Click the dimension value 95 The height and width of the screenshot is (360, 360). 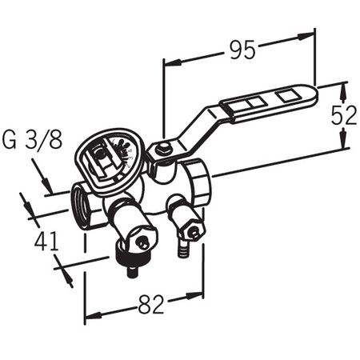pyautogui.click(x=242, y=50)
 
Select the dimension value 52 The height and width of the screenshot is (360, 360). pyautogui.click(x=344, y=115)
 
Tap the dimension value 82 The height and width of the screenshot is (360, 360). pyautogui.click(x=150, y=304)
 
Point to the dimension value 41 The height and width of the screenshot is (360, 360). pyautogui.click(x=46, y=241)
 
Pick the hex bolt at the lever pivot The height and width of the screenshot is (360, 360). pyautogui.click(x=164, y=148)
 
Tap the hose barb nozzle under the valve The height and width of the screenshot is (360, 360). pyautogui.click(x=182, y=247)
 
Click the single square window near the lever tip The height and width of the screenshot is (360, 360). pyautogui.click(x=287, y=96)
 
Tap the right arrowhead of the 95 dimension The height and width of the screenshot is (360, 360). pyautogui.click(x=306, y=37)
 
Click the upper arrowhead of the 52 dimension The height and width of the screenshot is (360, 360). pyautogui.click(x=344, y=90)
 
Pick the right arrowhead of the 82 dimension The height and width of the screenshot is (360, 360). pyautogui.click(x=194, y=296)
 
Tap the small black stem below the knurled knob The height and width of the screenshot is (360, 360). pyautogui.click(x=132, y=271)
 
